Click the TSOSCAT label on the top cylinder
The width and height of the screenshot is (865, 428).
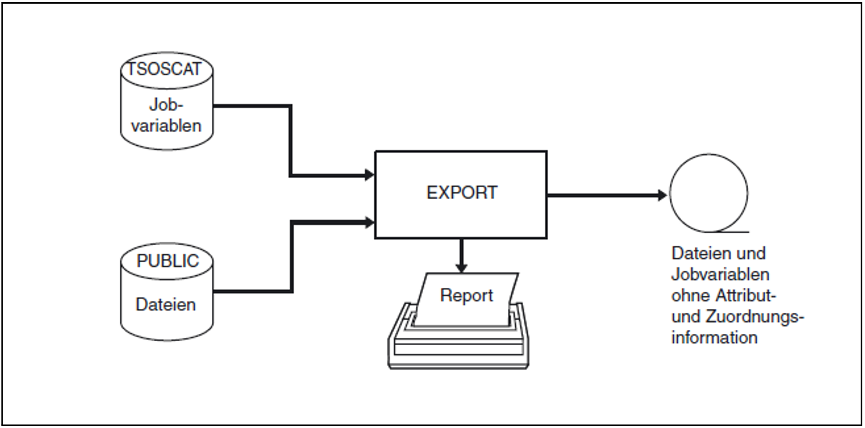click(164, 69)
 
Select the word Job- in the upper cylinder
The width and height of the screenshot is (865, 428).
click(166, 104)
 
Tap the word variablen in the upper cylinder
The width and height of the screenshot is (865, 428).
click(166, 126)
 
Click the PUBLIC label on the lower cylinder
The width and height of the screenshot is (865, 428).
click(168, 261)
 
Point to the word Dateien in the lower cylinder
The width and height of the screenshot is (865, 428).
click(166, 304)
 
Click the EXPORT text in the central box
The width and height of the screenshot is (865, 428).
click(462, 193)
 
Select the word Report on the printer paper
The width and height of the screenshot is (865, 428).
click(466, 295)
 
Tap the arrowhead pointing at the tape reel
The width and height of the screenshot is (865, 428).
click(662, 195)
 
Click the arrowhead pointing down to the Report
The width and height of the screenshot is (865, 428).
click(461, 267)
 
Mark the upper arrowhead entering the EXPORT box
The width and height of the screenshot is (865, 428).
click(370, 175)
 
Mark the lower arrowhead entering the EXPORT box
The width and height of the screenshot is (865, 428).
click(370, 222)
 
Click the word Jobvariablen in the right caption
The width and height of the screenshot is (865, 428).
click(720, 275)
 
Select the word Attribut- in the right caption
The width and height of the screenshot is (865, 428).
click(746, 296)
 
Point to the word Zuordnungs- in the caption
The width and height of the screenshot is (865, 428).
click(755, 317)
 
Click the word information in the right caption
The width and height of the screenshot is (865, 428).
click(715, 338)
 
